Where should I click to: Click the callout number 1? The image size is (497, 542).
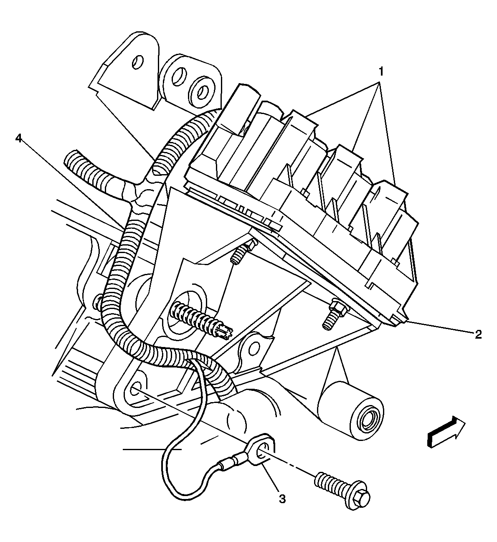(x=380, y=72)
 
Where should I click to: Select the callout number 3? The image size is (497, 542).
(x=282, y=499)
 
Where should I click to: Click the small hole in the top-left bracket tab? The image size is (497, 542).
(x=137, y=63)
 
